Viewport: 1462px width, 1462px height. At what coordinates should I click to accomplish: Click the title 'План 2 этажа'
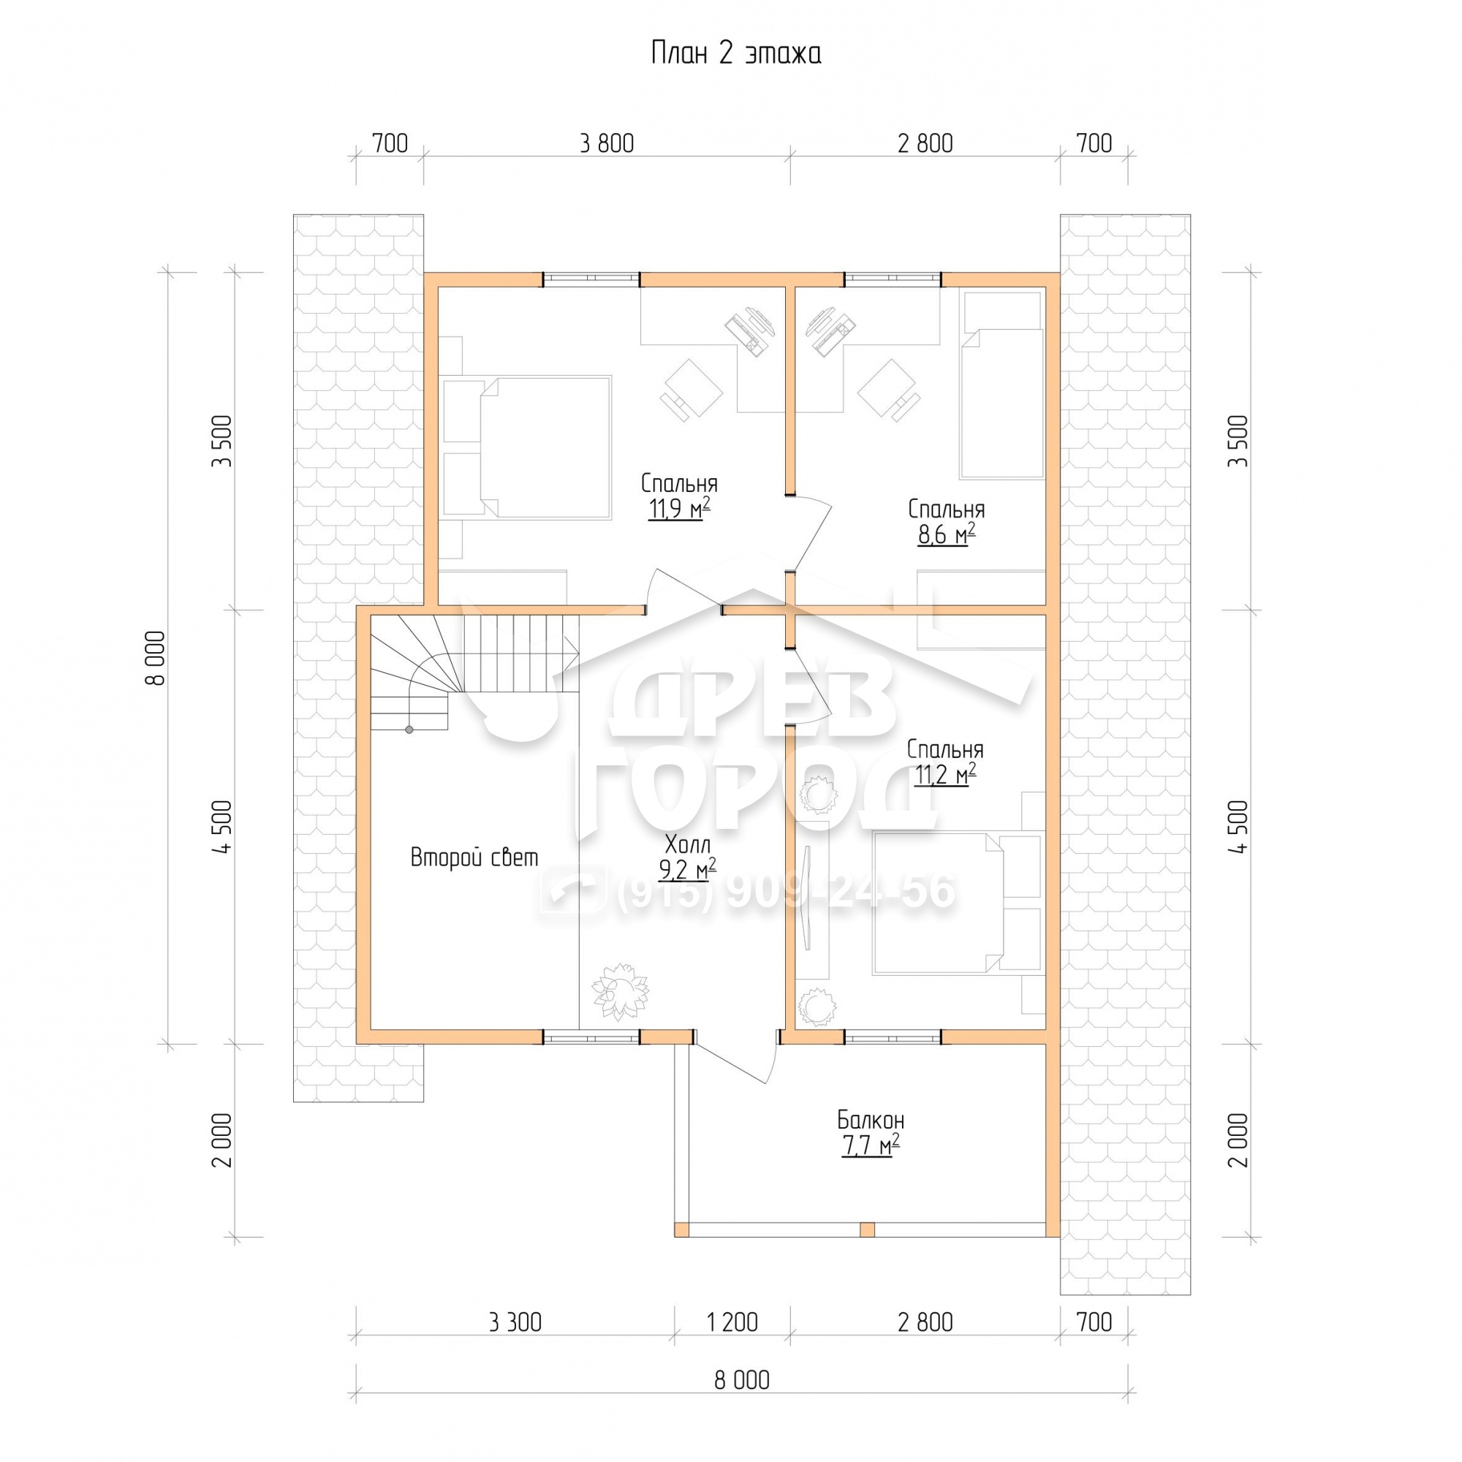(735, 53)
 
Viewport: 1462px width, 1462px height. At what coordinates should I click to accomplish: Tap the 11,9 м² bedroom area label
(679, 510)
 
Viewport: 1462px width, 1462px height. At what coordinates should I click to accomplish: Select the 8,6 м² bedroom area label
(946, 534)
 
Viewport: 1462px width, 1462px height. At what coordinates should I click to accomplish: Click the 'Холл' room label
(687, 844)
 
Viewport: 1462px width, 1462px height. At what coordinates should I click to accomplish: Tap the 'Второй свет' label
(474, 857)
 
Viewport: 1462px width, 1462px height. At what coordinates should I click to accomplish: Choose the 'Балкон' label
(870, 1120)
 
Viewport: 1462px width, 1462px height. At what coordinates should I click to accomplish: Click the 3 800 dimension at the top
(606, 143)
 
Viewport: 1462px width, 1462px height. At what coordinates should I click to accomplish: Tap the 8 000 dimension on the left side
(154, 658)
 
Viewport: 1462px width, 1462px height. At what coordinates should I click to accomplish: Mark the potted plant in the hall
(620, 991)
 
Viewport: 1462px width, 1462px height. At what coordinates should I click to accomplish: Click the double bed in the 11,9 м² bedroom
(545, 447)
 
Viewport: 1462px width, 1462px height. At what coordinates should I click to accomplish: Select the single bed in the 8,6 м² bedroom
(1001, 404)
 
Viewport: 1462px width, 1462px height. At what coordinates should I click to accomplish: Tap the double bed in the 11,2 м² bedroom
(939, 902)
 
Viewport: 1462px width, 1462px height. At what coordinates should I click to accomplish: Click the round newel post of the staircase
(409, 730)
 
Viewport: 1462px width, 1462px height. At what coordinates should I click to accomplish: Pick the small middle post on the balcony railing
(867, 1229)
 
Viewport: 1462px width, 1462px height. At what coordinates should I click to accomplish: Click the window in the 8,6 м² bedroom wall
(893, 279)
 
